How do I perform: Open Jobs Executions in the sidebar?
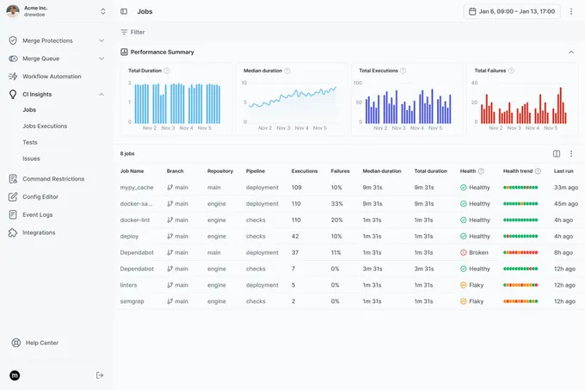pyautogui.click(x=45, y=126)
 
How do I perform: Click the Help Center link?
pyautogui.click(x=42, y=343)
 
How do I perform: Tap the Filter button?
pyautogui.click(x=132, y=32)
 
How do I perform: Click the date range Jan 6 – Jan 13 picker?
pyautogui.click(x=512, y=11)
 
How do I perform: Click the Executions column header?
pyautogui.click(x=305, y=171)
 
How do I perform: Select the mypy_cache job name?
pyautogui.click(x=138, y=188)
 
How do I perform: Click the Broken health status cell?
pyautogui.click(x=475, y=252)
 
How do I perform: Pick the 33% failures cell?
pyautogui.click(x=336, y=204)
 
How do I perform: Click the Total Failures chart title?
pyautogui.click(x=490, y=71)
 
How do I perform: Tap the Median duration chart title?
pyautogui.click(x=262, y=71)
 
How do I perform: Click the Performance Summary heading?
pyautogui.click(x=162, y=52)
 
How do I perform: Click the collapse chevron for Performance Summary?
pyautogui.click(x=571, y=52)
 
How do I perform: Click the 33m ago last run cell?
pyautogui.click(x=564, y=188)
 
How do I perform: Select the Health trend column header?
pyautogui.click(x=518, y=171)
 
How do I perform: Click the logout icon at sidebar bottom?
pyautogui.click(x=100, y=375)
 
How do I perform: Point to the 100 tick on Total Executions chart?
pyautogui.click(x=357, y=84)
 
